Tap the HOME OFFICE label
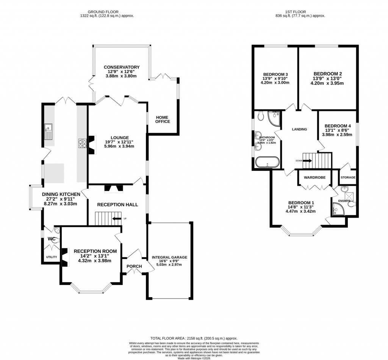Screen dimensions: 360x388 tap(163, 119)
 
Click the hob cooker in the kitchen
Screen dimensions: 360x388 tap(82, 144)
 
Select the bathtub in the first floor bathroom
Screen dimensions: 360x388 tap(268, 162)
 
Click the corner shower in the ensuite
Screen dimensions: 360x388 tap(337, 208)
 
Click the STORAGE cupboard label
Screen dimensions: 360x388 tap(348, 177)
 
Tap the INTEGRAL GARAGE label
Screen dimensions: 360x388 tap(169, 257)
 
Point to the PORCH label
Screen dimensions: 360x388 tap(134, 266)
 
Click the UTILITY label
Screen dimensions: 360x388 tap(51, 257)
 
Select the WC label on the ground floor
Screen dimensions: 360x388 tap(52, 239)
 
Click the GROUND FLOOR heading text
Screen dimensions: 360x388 tap(107, 12)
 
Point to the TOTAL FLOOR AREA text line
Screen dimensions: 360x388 tap(194, 338)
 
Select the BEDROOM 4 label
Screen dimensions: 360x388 tap(338, 126)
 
